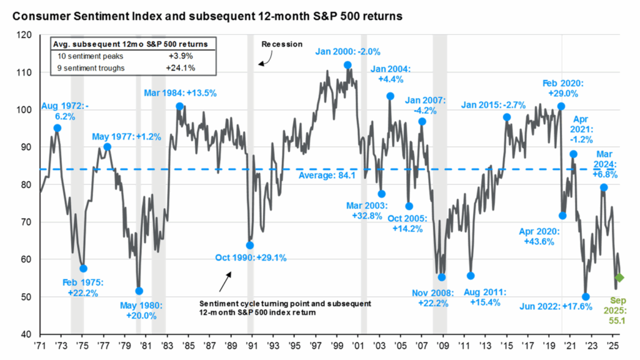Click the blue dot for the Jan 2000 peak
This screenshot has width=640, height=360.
[347, 65]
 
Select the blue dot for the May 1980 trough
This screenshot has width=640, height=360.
[139, 291]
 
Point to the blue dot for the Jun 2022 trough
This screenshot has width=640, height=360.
[586, 297]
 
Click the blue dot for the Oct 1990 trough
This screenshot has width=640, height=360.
[250, 245]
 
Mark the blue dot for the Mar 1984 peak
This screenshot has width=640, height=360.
[179, 106]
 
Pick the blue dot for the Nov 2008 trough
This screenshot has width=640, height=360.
[442, 277]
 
